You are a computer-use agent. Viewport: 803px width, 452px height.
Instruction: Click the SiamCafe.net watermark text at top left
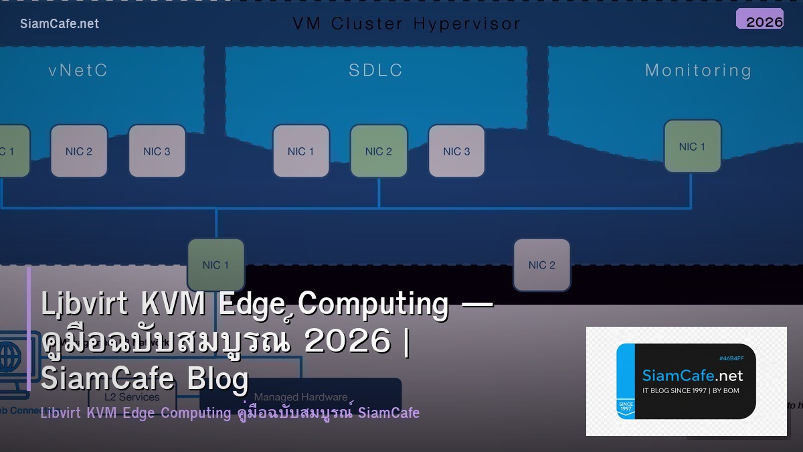[x=60, y=23]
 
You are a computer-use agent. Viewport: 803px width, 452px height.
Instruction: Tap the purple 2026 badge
[x=760, y=19]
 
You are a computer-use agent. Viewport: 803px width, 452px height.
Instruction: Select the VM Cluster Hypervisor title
[x=406, y=23]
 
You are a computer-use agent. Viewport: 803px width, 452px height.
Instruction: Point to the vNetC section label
[x=78, y=70]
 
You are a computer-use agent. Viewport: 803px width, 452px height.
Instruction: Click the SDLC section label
[x=375, y=70]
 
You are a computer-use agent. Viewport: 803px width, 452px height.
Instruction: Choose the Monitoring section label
[x=698, y=70]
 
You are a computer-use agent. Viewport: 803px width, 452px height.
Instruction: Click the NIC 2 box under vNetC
[x=79, y=151]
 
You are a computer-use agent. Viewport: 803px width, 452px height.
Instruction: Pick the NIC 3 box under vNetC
[x=157, y=151]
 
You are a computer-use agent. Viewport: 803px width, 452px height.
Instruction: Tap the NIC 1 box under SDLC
[x=301, y=151]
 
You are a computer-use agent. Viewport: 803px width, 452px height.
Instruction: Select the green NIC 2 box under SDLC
[x=379, y=151]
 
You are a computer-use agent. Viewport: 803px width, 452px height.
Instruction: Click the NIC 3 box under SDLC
[x=456, y=151]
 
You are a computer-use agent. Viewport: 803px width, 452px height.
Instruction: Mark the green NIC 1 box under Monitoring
[x=692, y=147]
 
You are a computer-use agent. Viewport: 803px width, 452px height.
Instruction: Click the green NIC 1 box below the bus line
[x=215, y=265]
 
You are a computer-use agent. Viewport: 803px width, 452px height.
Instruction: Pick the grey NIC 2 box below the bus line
[x=542, y=265]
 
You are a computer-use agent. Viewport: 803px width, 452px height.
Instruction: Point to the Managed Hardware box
[x=300, y=397]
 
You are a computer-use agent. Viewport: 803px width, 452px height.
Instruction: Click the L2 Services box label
[x=132, y=397]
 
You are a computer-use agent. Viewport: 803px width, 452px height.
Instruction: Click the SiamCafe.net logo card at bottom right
[x=686, y=381]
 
